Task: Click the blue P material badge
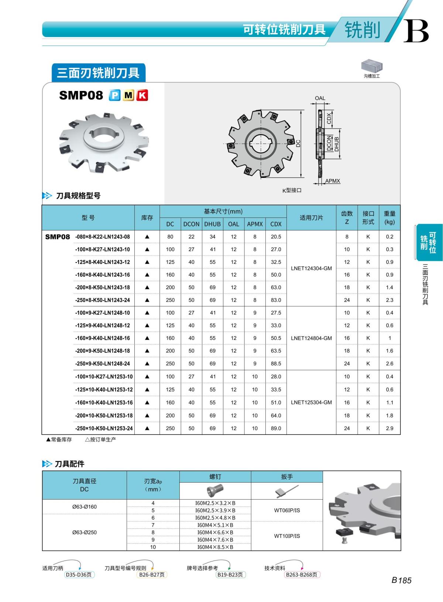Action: point(115,95)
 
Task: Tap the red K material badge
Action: point(142,95)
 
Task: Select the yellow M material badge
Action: point(128,95)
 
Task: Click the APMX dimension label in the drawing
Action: point(333,181)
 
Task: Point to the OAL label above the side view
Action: point(320,98)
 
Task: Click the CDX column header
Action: point(276,224)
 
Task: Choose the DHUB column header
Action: point(212,224)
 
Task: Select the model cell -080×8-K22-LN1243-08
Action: point(103,237)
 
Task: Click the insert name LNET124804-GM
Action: point(311,338)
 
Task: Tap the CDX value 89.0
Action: point(276,428)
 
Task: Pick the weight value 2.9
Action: point(389,428)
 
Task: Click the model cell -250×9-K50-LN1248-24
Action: point(103,363)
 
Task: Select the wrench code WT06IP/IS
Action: point(287,510)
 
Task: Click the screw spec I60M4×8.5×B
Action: point(215,547)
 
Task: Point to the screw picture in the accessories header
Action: point(215,490)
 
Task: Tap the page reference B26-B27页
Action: point(152,575)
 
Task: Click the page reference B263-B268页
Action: point(302,575)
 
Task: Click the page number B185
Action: point(401,580)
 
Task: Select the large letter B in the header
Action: point(416,31)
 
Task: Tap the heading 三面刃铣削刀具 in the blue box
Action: point(98,73)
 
